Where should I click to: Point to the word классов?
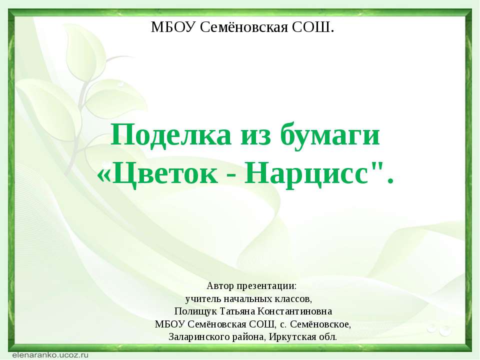click(x=297, y=299)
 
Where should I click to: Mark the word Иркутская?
click(x=292, y=335)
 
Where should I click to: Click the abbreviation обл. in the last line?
click(x=327, y=335)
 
